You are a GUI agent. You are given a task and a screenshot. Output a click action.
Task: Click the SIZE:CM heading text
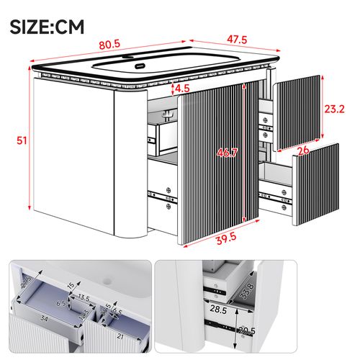coord(48,27)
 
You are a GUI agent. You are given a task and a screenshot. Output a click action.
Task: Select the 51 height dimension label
coord(22,141)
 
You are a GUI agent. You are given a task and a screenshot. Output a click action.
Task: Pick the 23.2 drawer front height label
coord(333,110)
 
